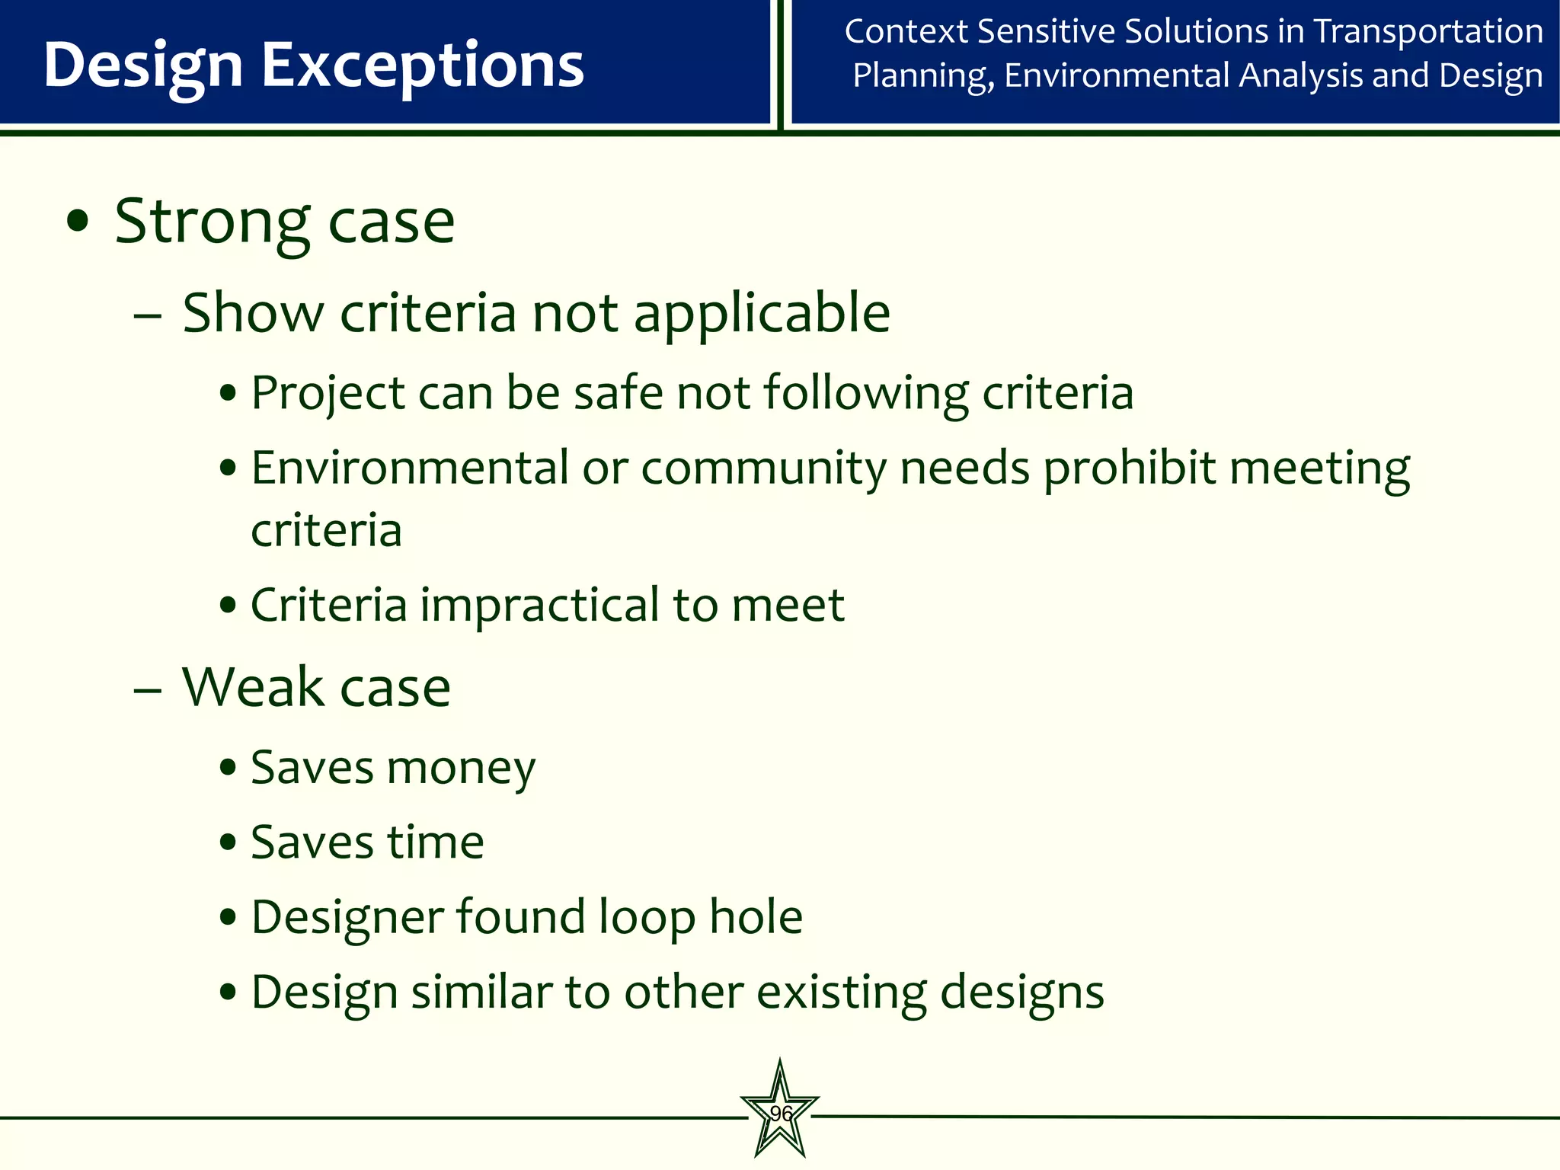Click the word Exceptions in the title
point(423,66)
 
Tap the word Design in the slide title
point(143,66)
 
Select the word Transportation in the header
point(1428,32)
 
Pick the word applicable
point(762,313)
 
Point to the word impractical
point(540,605)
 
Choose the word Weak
point(253,687)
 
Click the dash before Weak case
point(147,689)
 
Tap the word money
point(461,768)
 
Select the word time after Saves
point(436,842)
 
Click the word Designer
point(347,917)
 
